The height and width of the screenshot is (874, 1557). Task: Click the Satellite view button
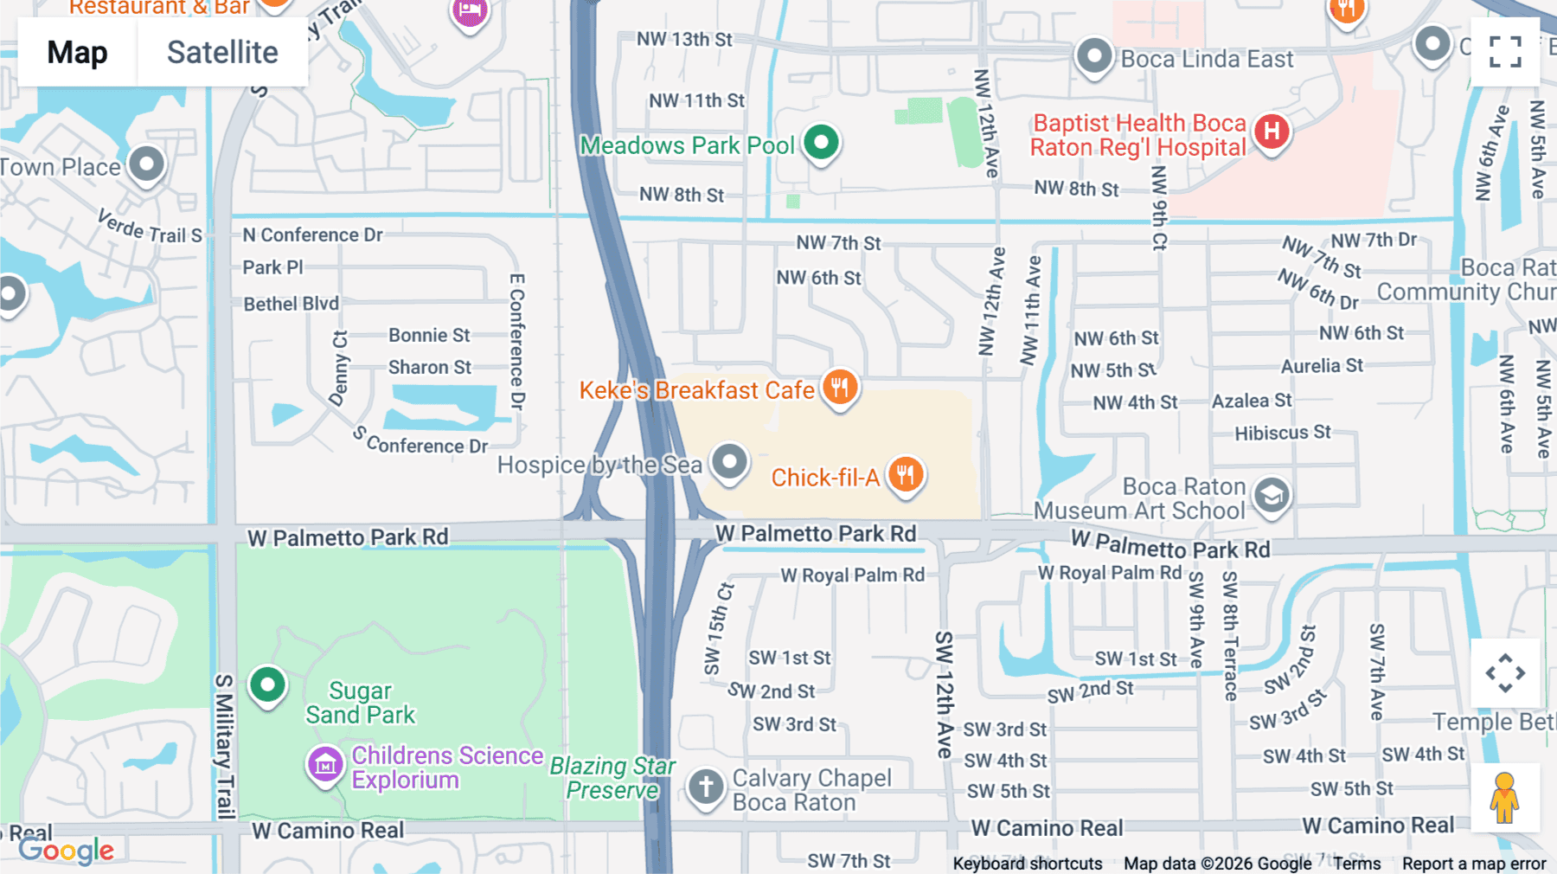(x=222, y=52)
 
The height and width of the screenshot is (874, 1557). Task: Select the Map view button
(x=77, y=52)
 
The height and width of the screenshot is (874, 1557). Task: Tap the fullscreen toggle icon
(x=1505, y=52)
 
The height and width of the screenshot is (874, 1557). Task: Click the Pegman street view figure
(x=1504, y=798)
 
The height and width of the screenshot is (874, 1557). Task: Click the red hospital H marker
(x=1271, y=132)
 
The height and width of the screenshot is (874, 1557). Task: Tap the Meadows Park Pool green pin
(x=821, y=142)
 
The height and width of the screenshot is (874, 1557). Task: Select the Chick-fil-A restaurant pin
(x=906, y=474)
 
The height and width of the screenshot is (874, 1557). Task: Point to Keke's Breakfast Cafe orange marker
(x=839, y=386)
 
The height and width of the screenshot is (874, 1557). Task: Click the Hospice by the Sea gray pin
(x=729, y=461)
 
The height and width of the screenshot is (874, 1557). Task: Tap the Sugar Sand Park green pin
(x=267, y=685)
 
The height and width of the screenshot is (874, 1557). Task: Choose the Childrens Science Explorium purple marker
(x=325, y=764)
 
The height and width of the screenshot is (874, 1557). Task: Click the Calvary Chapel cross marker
(x=706, y=787)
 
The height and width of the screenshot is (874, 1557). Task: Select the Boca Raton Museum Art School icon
(x=1271, y=496)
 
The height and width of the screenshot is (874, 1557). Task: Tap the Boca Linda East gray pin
(x=1093, y=56)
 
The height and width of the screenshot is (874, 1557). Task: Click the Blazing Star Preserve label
(x=612, y=778)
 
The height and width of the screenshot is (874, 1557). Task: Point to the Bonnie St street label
(x=429, y=335)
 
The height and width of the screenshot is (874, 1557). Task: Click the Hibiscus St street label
(x=1282, y=433)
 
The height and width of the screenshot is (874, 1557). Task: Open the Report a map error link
(x=1473, y=864)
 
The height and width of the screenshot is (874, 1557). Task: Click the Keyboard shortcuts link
(x=1027, y=864)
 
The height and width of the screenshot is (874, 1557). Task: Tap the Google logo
(x=67, y=851)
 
